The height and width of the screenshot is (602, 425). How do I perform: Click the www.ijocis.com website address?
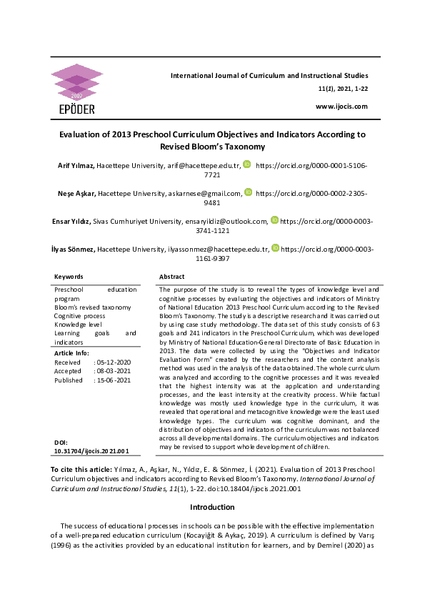pos(341,107)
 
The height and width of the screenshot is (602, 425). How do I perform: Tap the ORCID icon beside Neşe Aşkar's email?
pos(248,192)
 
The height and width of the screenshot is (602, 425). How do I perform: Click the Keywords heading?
pos(69,276)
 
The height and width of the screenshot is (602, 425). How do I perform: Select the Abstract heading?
pos(171,276)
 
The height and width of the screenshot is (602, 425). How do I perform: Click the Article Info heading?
pos(72,352)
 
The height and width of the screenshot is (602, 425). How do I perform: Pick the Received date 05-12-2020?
pos(112,362)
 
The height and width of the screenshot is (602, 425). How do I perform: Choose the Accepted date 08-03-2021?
pos(112,372)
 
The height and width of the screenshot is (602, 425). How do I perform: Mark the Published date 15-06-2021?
pos(112,381)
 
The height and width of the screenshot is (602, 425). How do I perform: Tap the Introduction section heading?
pos(212,507)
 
